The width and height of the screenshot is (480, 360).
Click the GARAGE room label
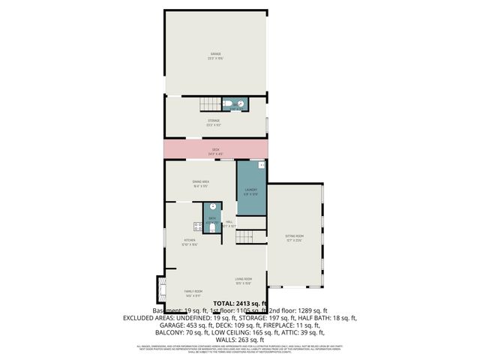[x=216, y=54]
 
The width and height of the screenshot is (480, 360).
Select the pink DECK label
[x=216, y=150]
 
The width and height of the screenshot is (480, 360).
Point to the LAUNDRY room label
[x=251, y=190]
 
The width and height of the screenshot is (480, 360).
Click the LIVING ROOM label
[x=243, y=280]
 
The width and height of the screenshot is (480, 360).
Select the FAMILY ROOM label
[x=193, y=291]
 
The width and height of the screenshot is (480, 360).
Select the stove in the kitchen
[x=198, y=226]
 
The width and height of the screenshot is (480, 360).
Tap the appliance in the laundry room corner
[x=261, y=165]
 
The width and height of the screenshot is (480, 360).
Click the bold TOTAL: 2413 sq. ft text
[x=235, y=303]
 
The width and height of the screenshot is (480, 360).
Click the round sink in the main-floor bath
[x=213, y=205]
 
